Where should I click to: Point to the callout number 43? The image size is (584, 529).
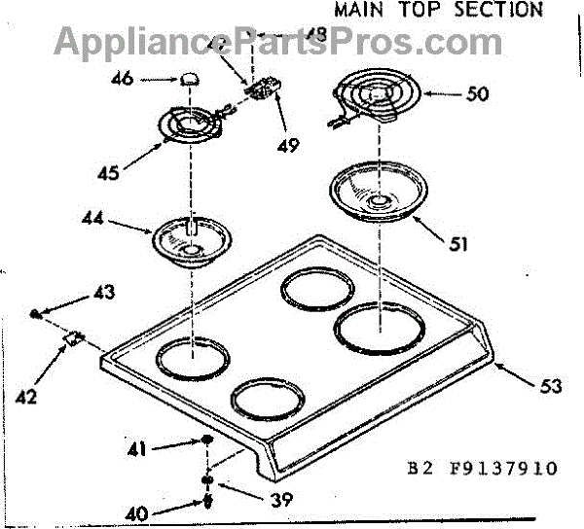click(102, 292)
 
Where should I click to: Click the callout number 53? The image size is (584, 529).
click(550, 385)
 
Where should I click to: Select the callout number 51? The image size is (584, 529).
click(458, 245)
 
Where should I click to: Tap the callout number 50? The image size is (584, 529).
click(477, 95)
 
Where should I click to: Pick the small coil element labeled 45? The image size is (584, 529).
click(190, 125)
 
